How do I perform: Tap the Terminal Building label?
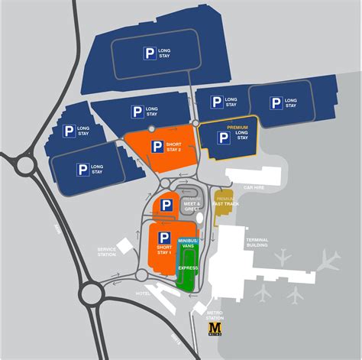click(x=257, y=241)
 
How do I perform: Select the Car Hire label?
click(x=254, y=186)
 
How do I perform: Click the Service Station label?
click(x=106, y=251)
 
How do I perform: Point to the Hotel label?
click(x=143, y=293)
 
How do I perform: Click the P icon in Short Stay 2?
click(x=157, y=146)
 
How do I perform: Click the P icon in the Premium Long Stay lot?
click(x=223, y=137)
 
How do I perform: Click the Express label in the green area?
click(x=188, y=268)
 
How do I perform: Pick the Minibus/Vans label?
click(x=188, y=244)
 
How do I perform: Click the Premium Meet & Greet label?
click(x=192, y=202)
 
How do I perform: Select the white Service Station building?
click(x=123, y=246)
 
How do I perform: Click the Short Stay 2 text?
click(x=174, y=146)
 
